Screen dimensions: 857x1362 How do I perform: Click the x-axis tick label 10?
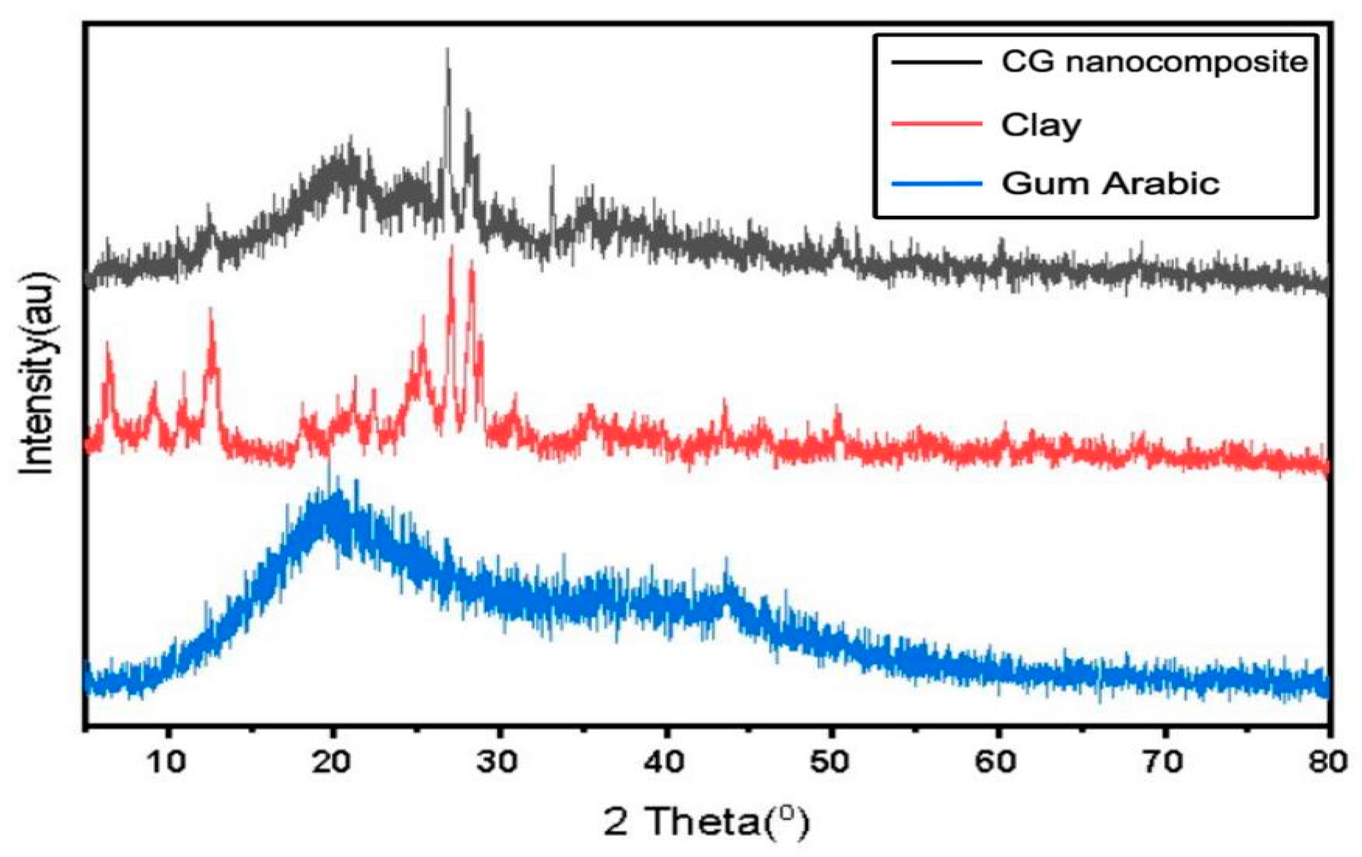[x=167, y=761]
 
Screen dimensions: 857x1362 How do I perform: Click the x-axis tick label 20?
[x=332, y=761]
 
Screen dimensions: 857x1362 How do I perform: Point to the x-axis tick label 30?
[x=498, y=761]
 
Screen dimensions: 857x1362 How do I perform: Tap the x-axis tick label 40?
[x=665, y=761]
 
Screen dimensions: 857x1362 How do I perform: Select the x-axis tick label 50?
[x=831, y=761]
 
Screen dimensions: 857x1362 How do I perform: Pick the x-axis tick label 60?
[x=997, y=761]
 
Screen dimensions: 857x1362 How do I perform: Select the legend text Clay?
[x=1041, y=125]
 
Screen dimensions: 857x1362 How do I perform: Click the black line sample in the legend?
[x=937, y=62]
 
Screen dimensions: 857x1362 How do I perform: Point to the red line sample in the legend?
[x=937, y=123]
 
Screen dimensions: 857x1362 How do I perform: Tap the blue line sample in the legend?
[x=937, y=183]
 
